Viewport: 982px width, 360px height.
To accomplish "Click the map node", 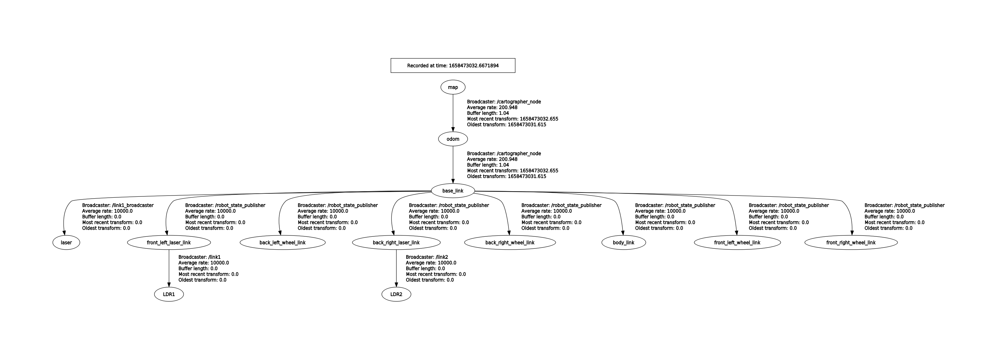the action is coord(453,87).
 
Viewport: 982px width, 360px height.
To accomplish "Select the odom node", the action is coord(453,139).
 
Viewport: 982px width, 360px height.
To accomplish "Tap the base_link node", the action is coord(453,191).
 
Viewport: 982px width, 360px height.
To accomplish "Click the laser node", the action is coord(66,243).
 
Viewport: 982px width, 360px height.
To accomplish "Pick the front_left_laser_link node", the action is coord(169,243).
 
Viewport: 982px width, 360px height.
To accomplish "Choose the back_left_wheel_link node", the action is coord(282,243).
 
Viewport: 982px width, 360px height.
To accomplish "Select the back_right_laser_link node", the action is coord(396,243).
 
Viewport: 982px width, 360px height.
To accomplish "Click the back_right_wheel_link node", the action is coord(510,243).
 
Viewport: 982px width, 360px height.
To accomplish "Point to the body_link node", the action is coord(624,243).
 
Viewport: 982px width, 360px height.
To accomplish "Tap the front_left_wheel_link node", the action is coord(737,243).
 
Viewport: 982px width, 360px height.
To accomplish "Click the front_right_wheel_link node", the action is coord(851,243).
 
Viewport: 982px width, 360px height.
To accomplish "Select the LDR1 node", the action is coord(169,295).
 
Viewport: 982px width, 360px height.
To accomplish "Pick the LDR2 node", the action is coord(396,295).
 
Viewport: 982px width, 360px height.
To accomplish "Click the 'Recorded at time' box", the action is coord(453,65).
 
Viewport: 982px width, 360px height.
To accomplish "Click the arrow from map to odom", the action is coord(453,113).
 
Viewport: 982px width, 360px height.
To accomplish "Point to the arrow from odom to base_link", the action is coord(453,165).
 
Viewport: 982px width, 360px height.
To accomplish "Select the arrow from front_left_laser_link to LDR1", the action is coord(169,268).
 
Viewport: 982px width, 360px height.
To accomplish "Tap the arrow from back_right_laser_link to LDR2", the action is coord(396,268).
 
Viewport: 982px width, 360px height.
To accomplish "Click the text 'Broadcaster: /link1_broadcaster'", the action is coord(118,205).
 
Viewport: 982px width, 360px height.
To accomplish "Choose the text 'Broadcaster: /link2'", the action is coord(426,257).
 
